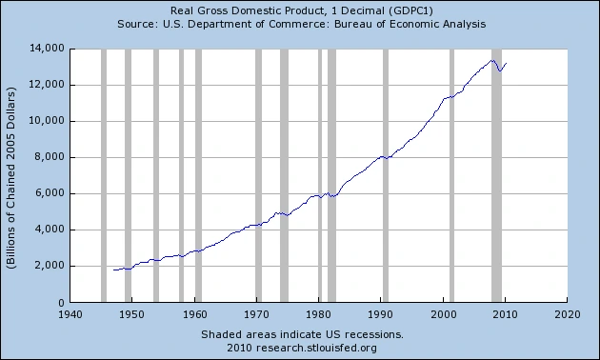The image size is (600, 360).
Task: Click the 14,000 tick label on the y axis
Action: click(47, 49)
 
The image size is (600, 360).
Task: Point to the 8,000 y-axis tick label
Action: click(49, 157)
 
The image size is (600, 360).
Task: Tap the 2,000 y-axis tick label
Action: click(49, 266)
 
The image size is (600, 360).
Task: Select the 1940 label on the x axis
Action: click(70, 314)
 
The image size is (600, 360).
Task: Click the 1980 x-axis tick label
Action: click(319, 314)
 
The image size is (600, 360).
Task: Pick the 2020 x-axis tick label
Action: click(568, 314)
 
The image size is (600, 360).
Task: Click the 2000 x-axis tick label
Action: click(444, 314)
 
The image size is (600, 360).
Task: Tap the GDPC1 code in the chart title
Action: click(410, 10)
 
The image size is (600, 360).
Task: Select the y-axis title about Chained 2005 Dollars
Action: click(11, 178)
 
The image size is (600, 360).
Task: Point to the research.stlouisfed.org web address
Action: click(316, 349)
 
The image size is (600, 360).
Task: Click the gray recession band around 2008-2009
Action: click(497, 175)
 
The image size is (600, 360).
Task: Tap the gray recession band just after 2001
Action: click(452, 175)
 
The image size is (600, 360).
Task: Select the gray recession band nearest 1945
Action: click(104, 175)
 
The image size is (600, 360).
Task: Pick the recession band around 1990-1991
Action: click(386, 175)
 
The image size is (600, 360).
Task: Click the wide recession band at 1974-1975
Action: click(284, 175)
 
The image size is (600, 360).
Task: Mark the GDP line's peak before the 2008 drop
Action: click(493, 60)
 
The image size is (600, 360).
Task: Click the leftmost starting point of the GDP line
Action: click(113, 270)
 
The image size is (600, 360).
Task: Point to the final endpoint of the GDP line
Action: click(507, 64)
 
